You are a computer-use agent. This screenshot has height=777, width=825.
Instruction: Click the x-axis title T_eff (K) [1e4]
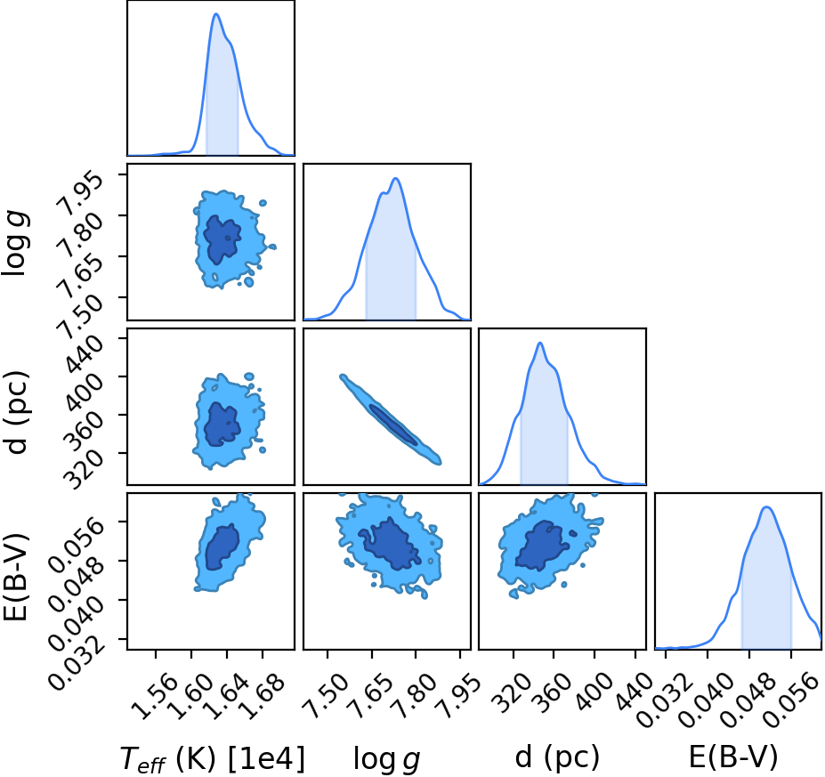coord(213,759)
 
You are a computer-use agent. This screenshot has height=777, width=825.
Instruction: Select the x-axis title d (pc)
coord(557,757)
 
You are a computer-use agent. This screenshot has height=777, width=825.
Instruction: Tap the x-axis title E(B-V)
coord(733,757)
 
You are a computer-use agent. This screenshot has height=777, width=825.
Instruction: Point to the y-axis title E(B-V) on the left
coord(15,577)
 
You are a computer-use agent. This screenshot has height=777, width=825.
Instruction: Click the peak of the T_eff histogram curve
coord(215,13)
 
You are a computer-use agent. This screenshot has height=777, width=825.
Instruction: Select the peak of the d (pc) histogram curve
coord(540,343)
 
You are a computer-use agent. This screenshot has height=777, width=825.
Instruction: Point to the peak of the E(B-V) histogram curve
coord(766,507)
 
